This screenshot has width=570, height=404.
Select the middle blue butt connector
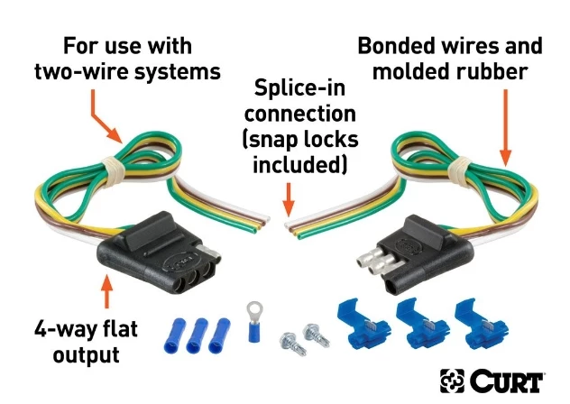point(196,335)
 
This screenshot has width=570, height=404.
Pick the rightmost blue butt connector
point(216,335)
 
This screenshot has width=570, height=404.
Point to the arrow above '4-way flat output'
point(106,297)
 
